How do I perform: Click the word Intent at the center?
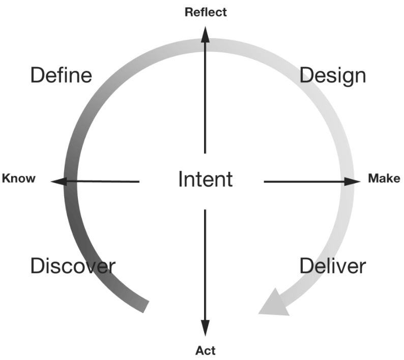pos(205,179)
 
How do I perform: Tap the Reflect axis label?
pos(206,12)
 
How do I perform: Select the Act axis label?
pos(206,350)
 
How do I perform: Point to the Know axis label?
pos(19,178)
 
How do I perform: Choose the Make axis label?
pos(384,178)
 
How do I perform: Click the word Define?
pos(61,75)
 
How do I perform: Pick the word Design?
pos(332,75)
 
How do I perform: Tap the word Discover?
pos(73,266)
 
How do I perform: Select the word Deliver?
pos(332,266)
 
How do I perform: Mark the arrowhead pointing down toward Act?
pos(206,327)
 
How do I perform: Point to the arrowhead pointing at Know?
pos(60,181)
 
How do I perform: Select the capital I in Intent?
pos(181,179)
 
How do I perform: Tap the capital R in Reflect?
pos(188,12)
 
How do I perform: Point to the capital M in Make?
pos(373,178)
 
